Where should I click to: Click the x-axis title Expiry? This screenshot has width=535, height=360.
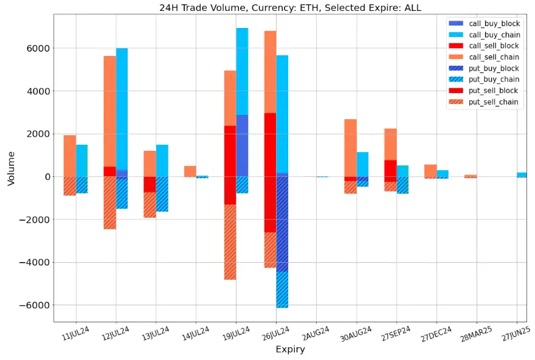[290, 350]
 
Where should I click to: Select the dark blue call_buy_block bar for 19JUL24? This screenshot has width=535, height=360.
[242, 145]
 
